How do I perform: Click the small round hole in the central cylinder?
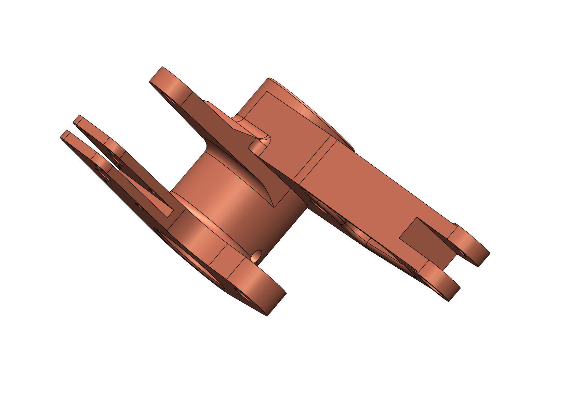tap(256, 255)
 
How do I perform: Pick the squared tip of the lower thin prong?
tap(65, 135)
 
